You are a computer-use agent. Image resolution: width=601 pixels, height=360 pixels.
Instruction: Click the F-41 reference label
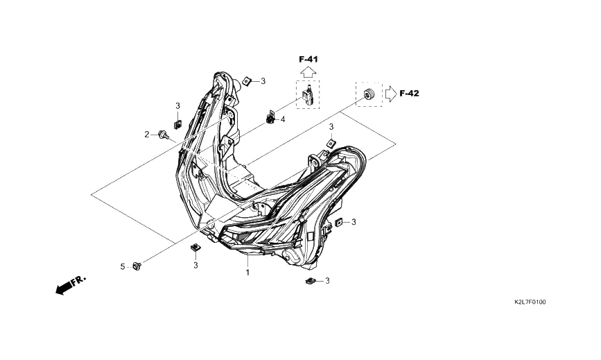click(x=308, y=60)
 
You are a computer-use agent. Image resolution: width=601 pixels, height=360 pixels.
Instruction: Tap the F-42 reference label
click(x=410, y=93)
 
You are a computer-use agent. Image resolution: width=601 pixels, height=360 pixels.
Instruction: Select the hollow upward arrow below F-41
click(x=308, y=71)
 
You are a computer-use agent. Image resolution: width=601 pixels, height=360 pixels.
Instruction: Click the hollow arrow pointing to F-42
click(x=391, y=94)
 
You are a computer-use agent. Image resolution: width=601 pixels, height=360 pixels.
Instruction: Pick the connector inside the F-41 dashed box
click(x=307, y=96)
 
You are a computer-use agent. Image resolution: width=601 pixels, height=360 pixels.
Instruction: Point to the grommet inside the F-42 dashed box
click(x=369, y=93)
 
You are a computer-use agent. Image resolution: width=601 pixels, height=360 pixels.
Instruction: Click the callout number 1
click(x=247, y=273)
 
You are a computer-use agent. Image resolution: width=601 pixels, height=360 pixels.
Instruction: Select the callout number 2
click(x=146, y=135)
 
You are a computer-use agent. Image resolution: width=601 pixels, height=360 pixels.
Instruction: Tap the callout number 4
click(x=283, y=119)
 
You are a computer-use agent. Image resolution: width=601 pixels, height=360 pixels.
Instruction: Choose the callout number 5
click(x=123, y=266)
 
